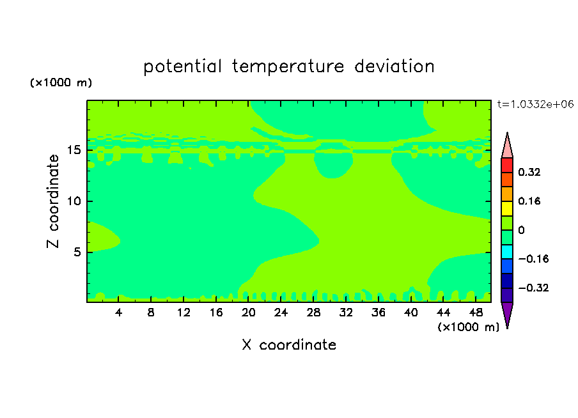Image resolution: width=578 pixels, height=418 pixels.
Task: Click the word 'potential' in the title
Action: click(x=182, y=67)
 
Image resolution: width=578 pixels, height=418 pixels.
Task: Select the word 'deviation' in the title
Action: click(x=394, y=66)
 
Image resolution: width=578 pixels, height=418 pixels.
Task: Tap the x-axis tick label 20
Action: click(x=249, y=313)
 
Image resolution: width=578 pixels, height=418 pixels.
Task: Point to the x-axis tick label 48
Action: click(x=476, y=313)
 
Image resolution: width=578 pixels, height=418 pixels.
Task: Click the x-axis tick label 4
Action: click(x=118, y=313)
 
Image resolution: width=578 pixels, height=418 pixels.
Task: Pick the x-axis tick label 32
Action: click(x=346, y=313)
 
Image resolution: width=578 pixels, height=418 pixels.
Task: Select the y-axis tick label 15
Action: click(x=74, y=150)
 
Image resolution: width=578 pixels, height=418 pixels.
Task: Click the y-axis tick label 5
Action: click(x=77, y=252)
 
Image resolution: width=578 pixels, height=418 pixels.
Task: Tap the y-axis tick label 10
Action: click(x=74, y=201)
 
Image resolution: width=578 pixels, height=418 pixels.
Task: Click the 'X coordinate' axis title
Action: click(x=289, y=344)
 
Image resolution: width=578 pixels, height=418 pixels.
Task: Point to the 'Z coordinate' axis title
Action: click(x=52, y=201)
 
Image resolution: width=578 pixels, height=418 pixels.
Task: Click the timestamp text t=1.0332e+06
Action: click(x=535, y=104)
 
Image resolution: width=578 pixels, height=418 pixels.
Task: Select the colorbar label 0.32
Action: click(x=529, y=172)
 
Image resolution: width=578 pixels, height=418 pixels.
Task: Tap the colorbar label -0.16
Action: click(x=533, y=259)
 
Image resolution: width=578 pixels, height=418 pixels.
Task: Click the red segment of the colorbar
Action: click(x=507, y=165)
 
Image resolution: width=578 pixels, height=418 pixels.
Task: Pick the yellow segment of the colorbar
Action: click(x=507, y=208)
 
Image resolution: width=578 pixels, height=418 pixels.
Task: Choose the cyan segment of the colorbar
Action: click(x=507, y=252)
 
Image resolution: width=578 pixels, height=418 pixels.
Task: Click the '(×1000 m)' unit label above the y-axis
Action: click(x=61, y=82)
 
